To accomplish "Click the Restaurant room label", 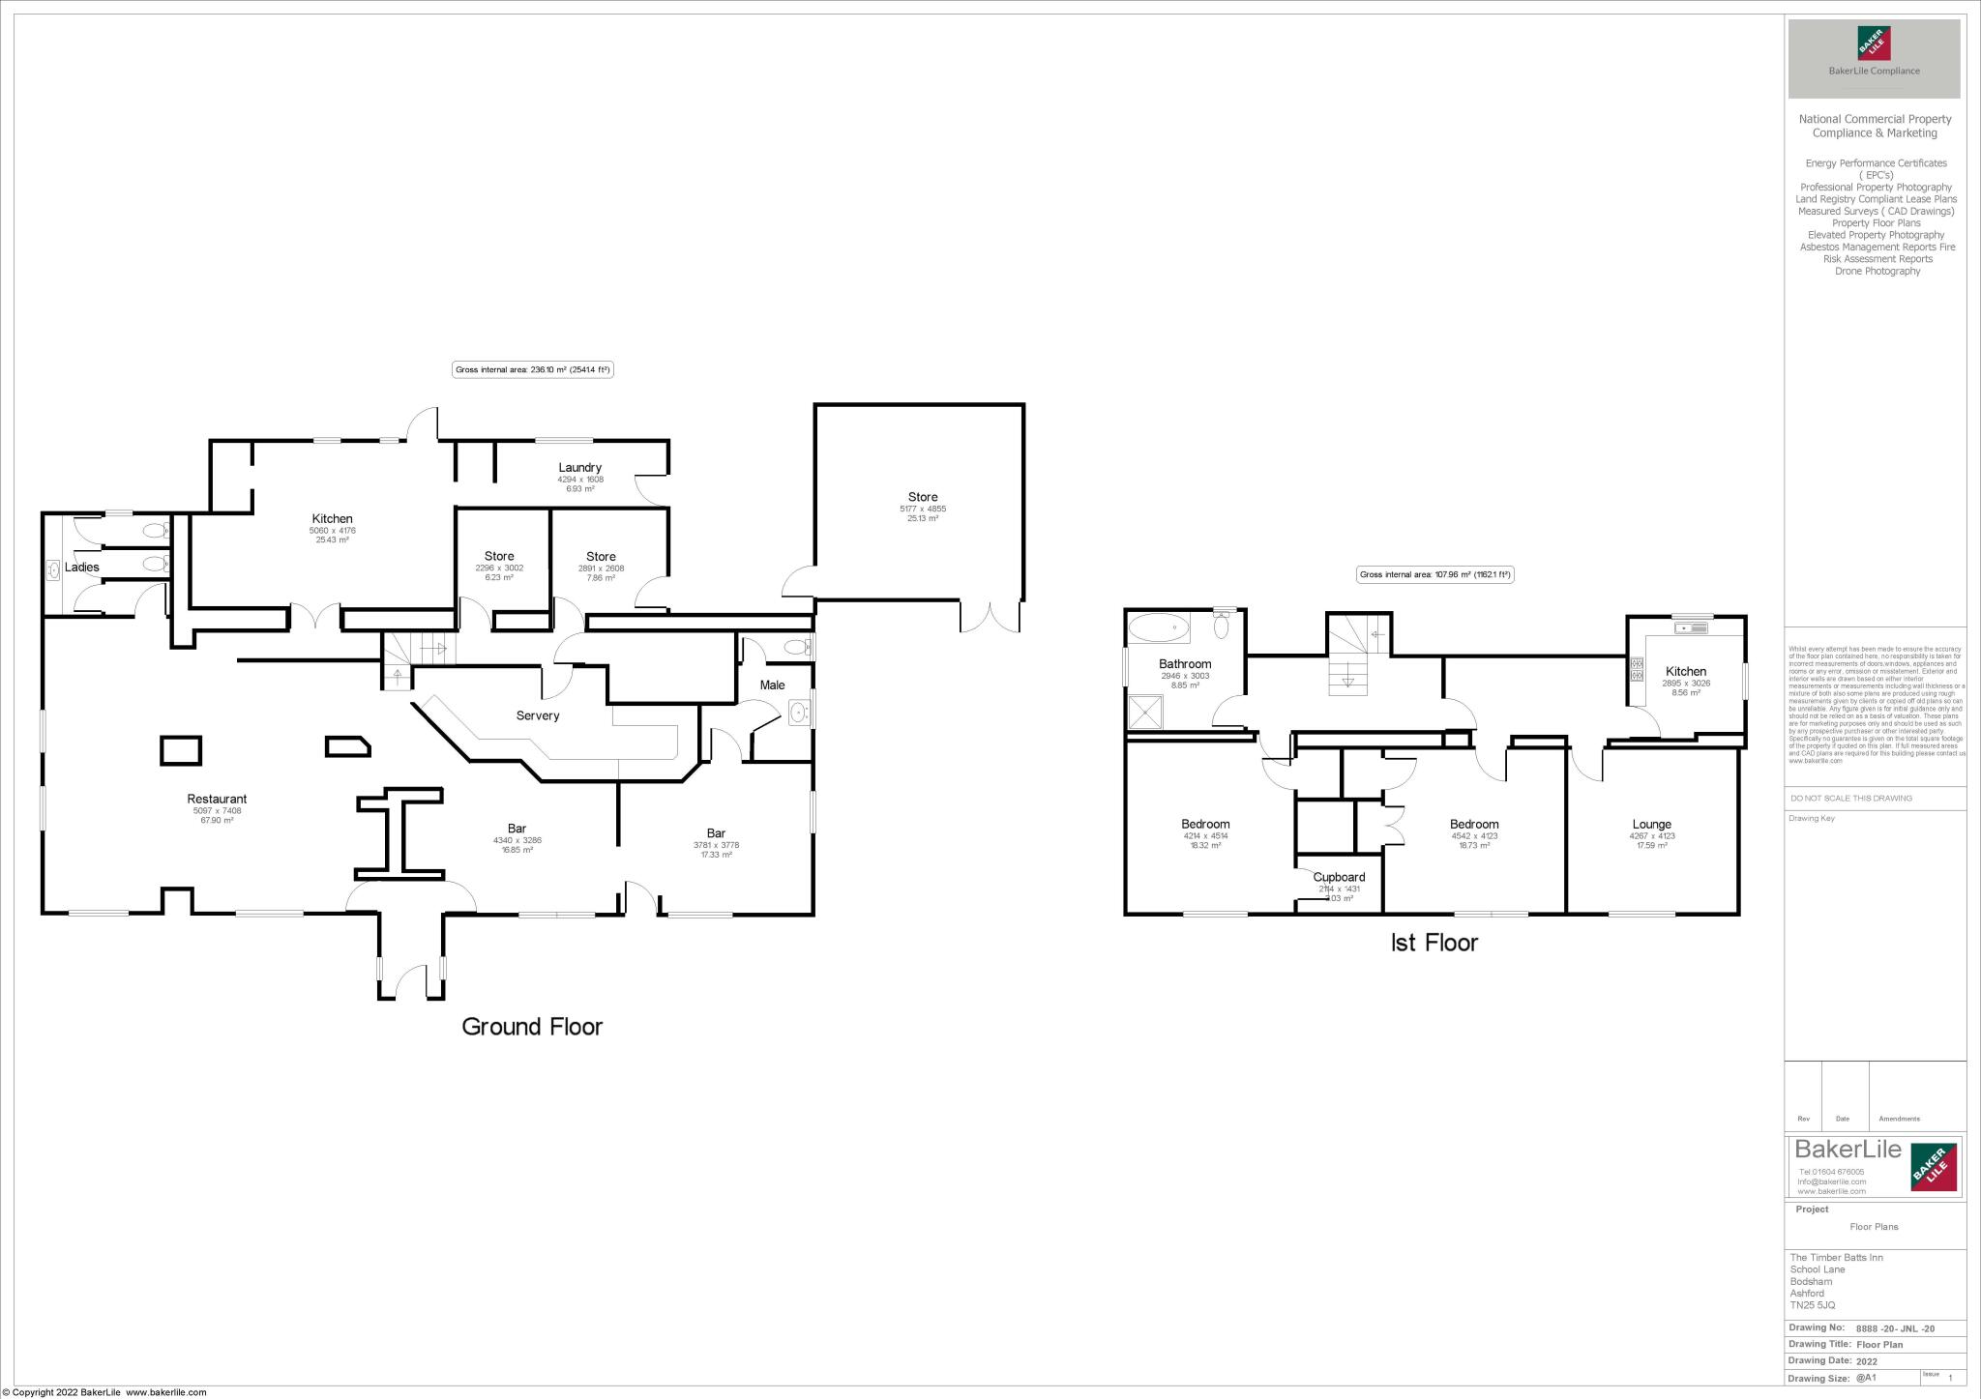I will point(217,799).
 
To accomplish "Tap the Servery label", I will point(538,715).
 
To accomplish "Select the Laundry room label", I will point(580,467).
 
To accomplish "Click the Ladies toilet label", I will point(82,567).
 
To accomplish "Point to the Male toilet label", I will point(772,685).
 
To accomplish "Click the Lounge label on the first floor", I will point(1651,825).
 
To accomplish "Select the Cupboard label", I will point(1339,877).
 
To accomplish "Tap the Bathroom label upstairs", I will point(1185,664).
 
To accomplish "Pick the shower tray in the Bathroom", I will point(1147,714).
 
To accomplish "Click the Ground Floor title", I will point(532,1027).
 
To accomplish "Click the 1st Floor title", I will point(1434,942).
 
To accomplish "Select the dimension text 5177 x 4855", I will point(923,509).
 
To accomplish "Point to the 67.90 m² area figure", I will point(217,820).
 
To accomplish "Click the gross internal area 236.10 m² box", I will point(533,369).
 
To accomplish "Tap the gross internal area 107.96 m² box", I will point(1434,574).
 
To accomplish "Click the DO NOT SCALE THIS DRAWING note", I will point(1851,799).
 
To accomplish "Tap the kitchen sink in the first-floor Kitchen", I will point(1693,628).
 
